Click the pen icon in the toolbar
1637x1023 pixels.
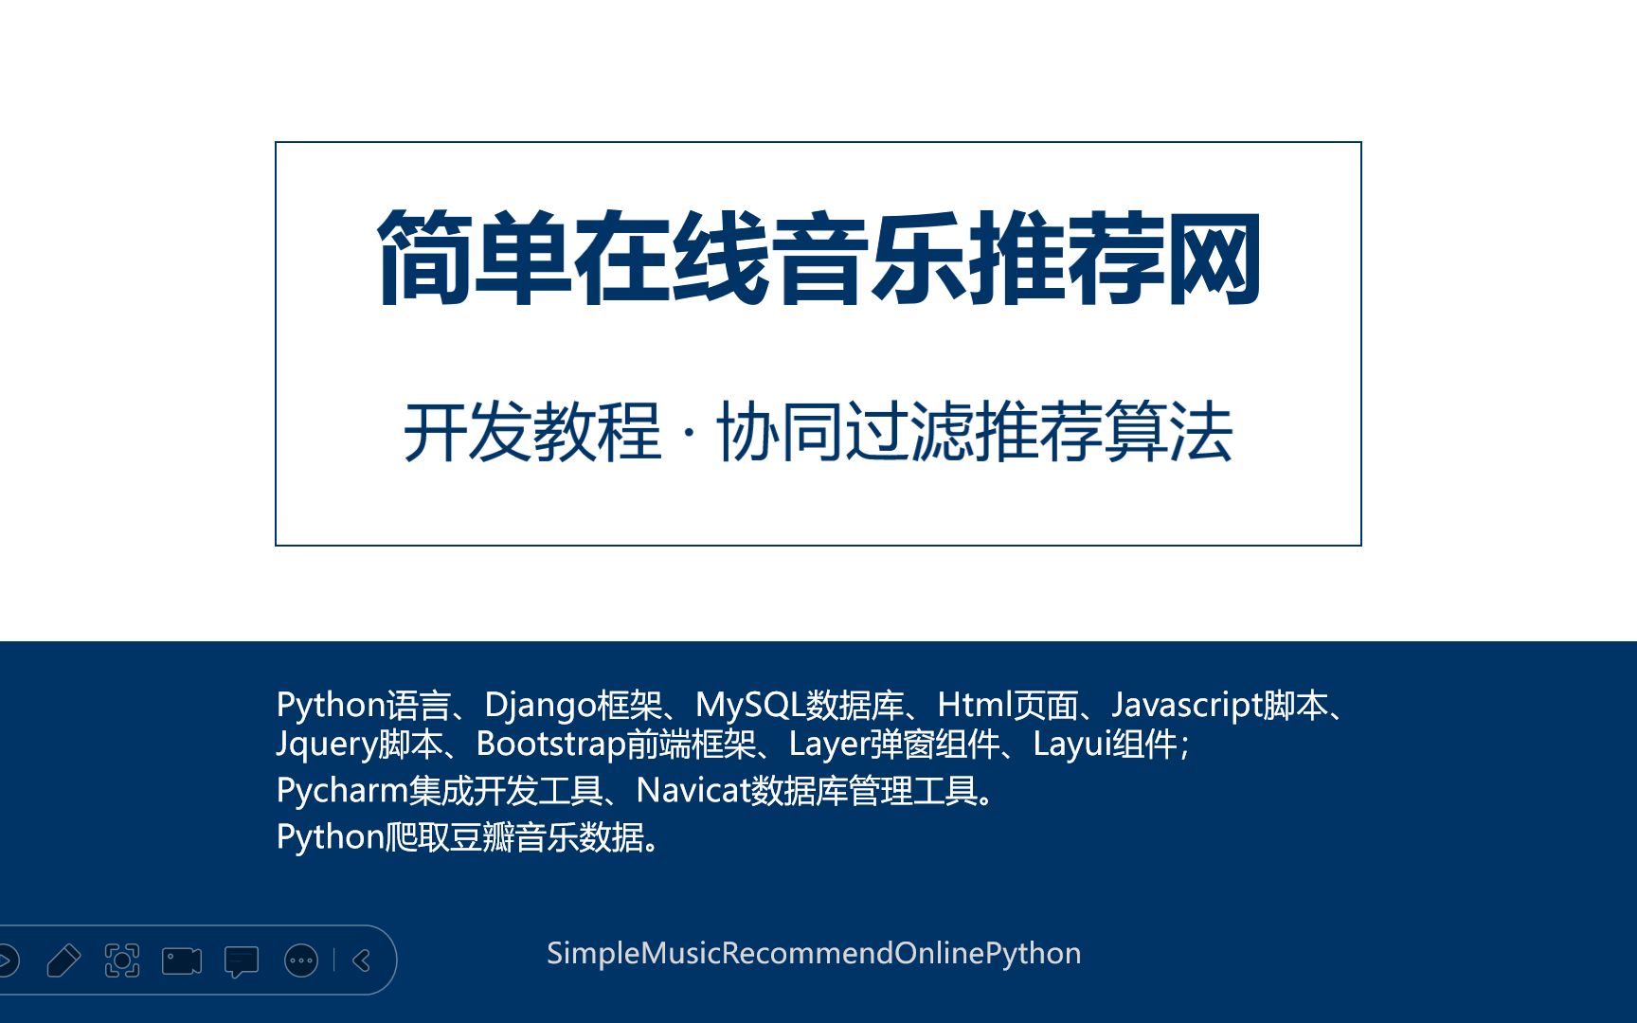[x=63, y=960]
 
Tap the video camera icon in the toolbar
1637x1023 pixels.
[x=182, y=960]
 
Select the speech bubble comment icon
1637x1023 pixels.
[x=241, y=961]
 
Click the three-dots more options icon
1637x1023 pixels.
[x=301, y=960]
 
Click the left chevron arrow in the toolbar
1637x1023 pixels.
[x=362, y=960]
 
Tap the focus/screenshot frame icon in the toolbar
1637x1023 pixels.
[x=122, y=960]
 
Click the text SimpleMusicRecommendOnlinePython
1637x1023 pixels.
[x=813, y=953]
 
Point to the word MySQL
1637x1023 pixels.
[x=749, y=706]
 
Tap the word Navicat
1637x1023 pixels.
[x=693, y=790]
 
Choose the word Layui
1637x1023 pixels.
[x=1071, y=745]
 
